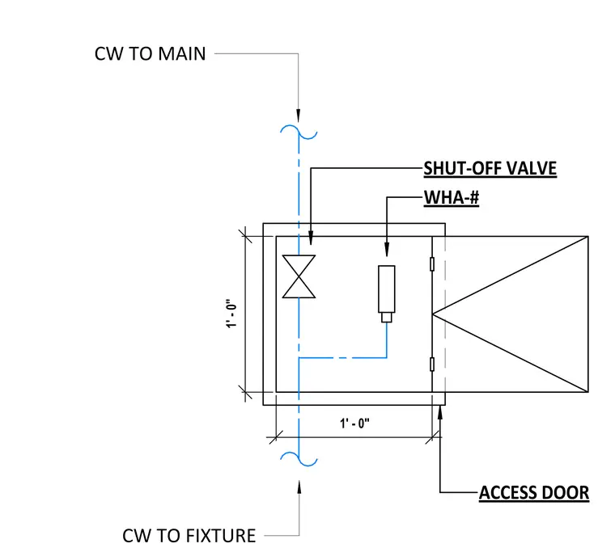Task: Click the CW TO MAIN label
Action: tap(150, 53)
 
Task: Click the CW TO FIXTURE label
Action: tap(189, 536)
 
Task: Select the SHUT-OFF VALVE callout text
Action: tap(490, 168)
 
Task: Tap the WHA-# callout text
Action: tap(452, 197)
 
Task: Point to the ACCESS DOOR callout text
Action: tap(534, 492)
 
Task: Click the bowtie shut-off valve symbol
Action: tap(299, 276)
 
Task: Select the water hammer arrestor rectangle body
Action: tap(387, 289)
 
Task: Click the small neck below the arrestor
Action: tap(387, 318)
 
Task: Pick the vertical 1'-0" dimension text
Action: tap(231, 314)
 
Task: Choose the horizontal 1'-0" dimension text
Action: tap(354, 423)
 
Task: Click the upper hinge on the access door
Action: tap(432, 264)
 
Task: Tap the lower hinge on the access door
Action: tap(432, 364)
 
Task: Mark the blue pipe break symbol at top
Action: tap(299, 132)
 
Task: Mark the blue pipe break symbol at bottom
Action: tap(299, 459)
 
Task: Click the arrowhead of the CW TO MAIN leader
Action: tap(299, 116)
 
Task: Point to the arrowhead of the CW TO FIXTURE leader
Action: tap(299, 487)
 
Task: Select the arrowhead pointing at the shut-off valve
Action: tap(311, 238)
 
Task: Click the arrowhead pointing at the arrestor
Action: tap(387, 250)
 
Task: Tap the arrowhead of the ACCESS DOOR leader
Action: tap(440, 412)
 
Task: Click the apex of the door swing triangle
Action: tap(433, 314)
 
